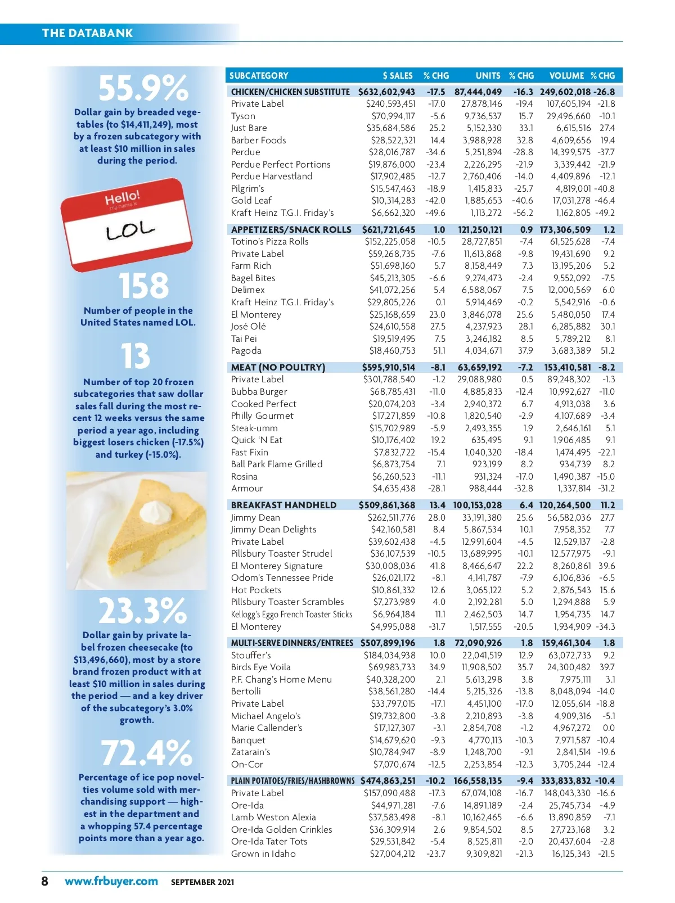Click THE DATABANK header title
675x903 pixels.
pyautogui.click(x=87, y=33)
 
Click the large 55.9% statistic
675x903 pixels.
pyautogui.click(x=143, y=88)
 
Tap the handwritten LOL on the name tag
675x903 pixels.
pyautogui.click(x=129, y=230)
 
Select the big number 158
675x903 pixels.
pyautogui.click(x=143, y=286)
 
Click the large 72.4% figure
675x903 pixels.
pyautogui.click(x=146, y=753)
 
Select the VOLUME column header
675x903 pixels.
pyautogui.click(x=566, y=75)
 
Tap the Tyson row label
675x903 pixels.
pyautogui.click(x=243, y=116)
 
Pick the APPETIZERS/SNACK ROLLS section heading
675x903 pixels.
pyautogui.click(x=291, y=229)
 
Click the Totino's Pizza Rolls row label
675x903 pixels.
pyautogui.click(x=269, y=242)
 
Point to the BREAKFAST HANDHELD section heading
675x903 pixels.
pyautogui.click(x=283, y=505)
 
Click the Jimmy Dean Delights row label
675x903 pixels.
pyautogui.click(x=273, y=530)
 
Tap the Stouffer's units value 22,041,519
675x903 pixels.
pyautogui.click(x=482, y=655)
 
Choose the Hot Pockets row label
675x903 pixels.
pyautogui.click(x=256, y=590)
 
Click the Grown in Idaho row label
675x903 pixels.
pyautogui.click(x=263, y=854)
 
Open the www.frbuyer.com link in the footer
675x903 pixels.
pyautogui.click(x=111, y=881)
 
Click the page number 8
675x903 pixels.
pyautogui.click(x=45, y=881)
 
